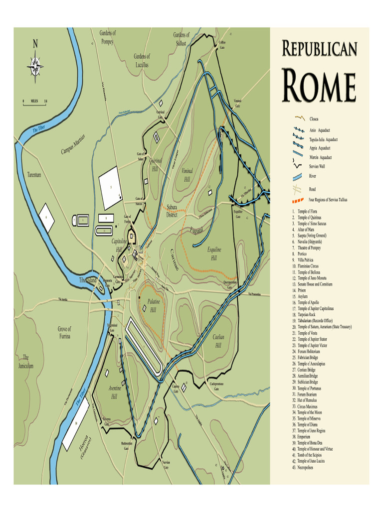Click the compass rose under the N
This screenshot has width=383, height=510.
[35, 65]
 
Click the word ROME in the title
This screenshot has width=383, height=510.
[319, 87]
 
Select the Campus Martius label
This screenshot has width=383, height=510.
[73, 143]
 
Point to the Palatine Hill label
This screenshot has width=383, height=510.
[153, 306]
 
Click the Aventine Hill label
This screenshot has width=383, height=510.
[114, 392]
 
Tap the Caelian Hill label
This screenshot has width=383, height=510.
[218, 341]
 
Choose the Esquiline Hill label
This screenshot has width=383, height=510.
[213, 254]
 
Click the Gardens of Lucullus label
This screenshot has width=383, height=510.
[142, 60]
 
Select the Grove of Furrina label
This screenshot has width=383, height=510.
[64, 333]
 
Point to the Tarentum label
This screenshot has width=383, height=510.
[34, 175]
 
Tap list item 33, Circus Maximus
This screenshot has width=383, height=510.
[310, 406]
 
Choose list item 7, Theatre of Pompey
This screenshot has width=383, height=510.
[309, 248]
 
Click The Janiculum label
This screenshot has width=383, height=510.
[26, 362]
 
